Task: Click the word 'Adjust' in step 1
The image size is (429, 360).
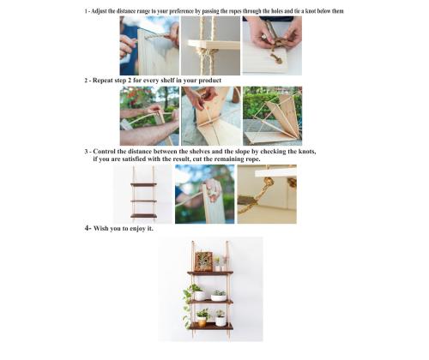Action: click(x=98, y=11)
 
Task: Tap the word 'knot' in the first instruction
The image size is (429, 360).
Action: click(x=311, y=11)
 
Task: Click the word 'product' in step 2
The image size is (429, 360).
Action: click(x=210, y=81)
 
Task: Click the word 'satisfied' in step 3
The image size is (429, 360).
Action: click(x=134, y=159)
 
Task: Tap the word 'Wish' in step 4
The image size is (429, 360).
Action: click(x=100, y=229)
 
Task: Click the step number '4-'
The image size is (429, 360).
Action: click(x=88, y=228)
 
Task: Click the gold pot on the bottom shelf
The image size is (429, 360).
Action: click(x=202, y=322)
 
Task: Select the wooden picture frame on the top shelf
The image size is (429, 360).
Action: click(x=204, y=261)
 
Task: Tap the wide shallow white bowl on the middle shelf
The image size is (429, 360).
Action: click(x=219, y=297)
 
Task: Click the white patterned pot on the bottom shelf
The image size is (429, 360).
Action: click(x=221, y=321)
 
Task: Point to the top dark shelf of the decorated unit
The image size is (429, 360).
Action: click(x=210, y=273)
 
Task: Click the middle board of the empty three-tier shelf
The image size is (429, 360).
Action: click(x=144, y=201)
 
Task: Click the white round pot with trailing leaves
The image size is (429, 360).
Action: click(x=199, y=295)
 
